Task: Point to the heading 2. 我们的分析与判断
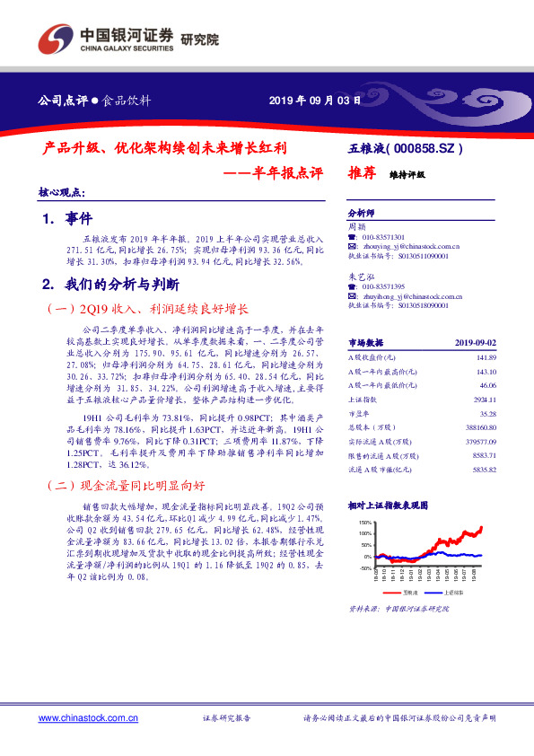[112, 285]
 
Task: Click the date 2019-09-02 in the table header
[475, 343]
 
